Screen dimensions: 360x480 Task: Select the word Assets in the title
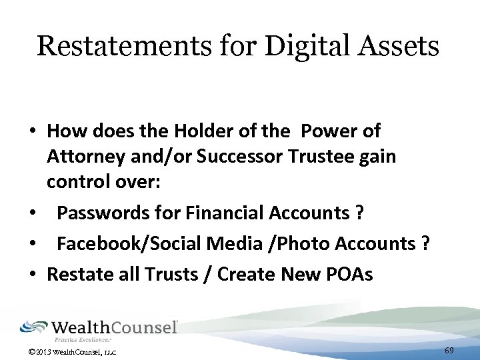pos(401,47)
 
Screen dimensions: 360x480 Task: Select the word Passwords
pos(99,213)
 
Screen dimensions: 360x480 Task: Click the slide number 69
pos(449,350)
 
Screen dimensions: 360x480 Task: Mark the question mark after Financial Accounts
pos(359,213)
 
